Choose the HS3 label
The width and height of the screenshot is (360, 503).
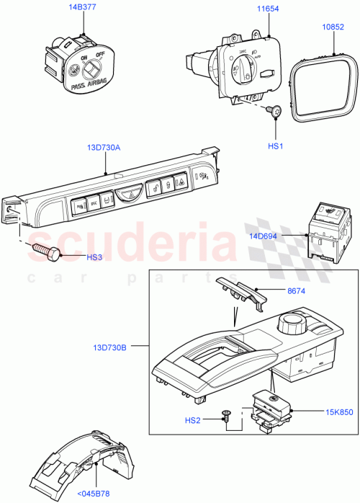(72, 256)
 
